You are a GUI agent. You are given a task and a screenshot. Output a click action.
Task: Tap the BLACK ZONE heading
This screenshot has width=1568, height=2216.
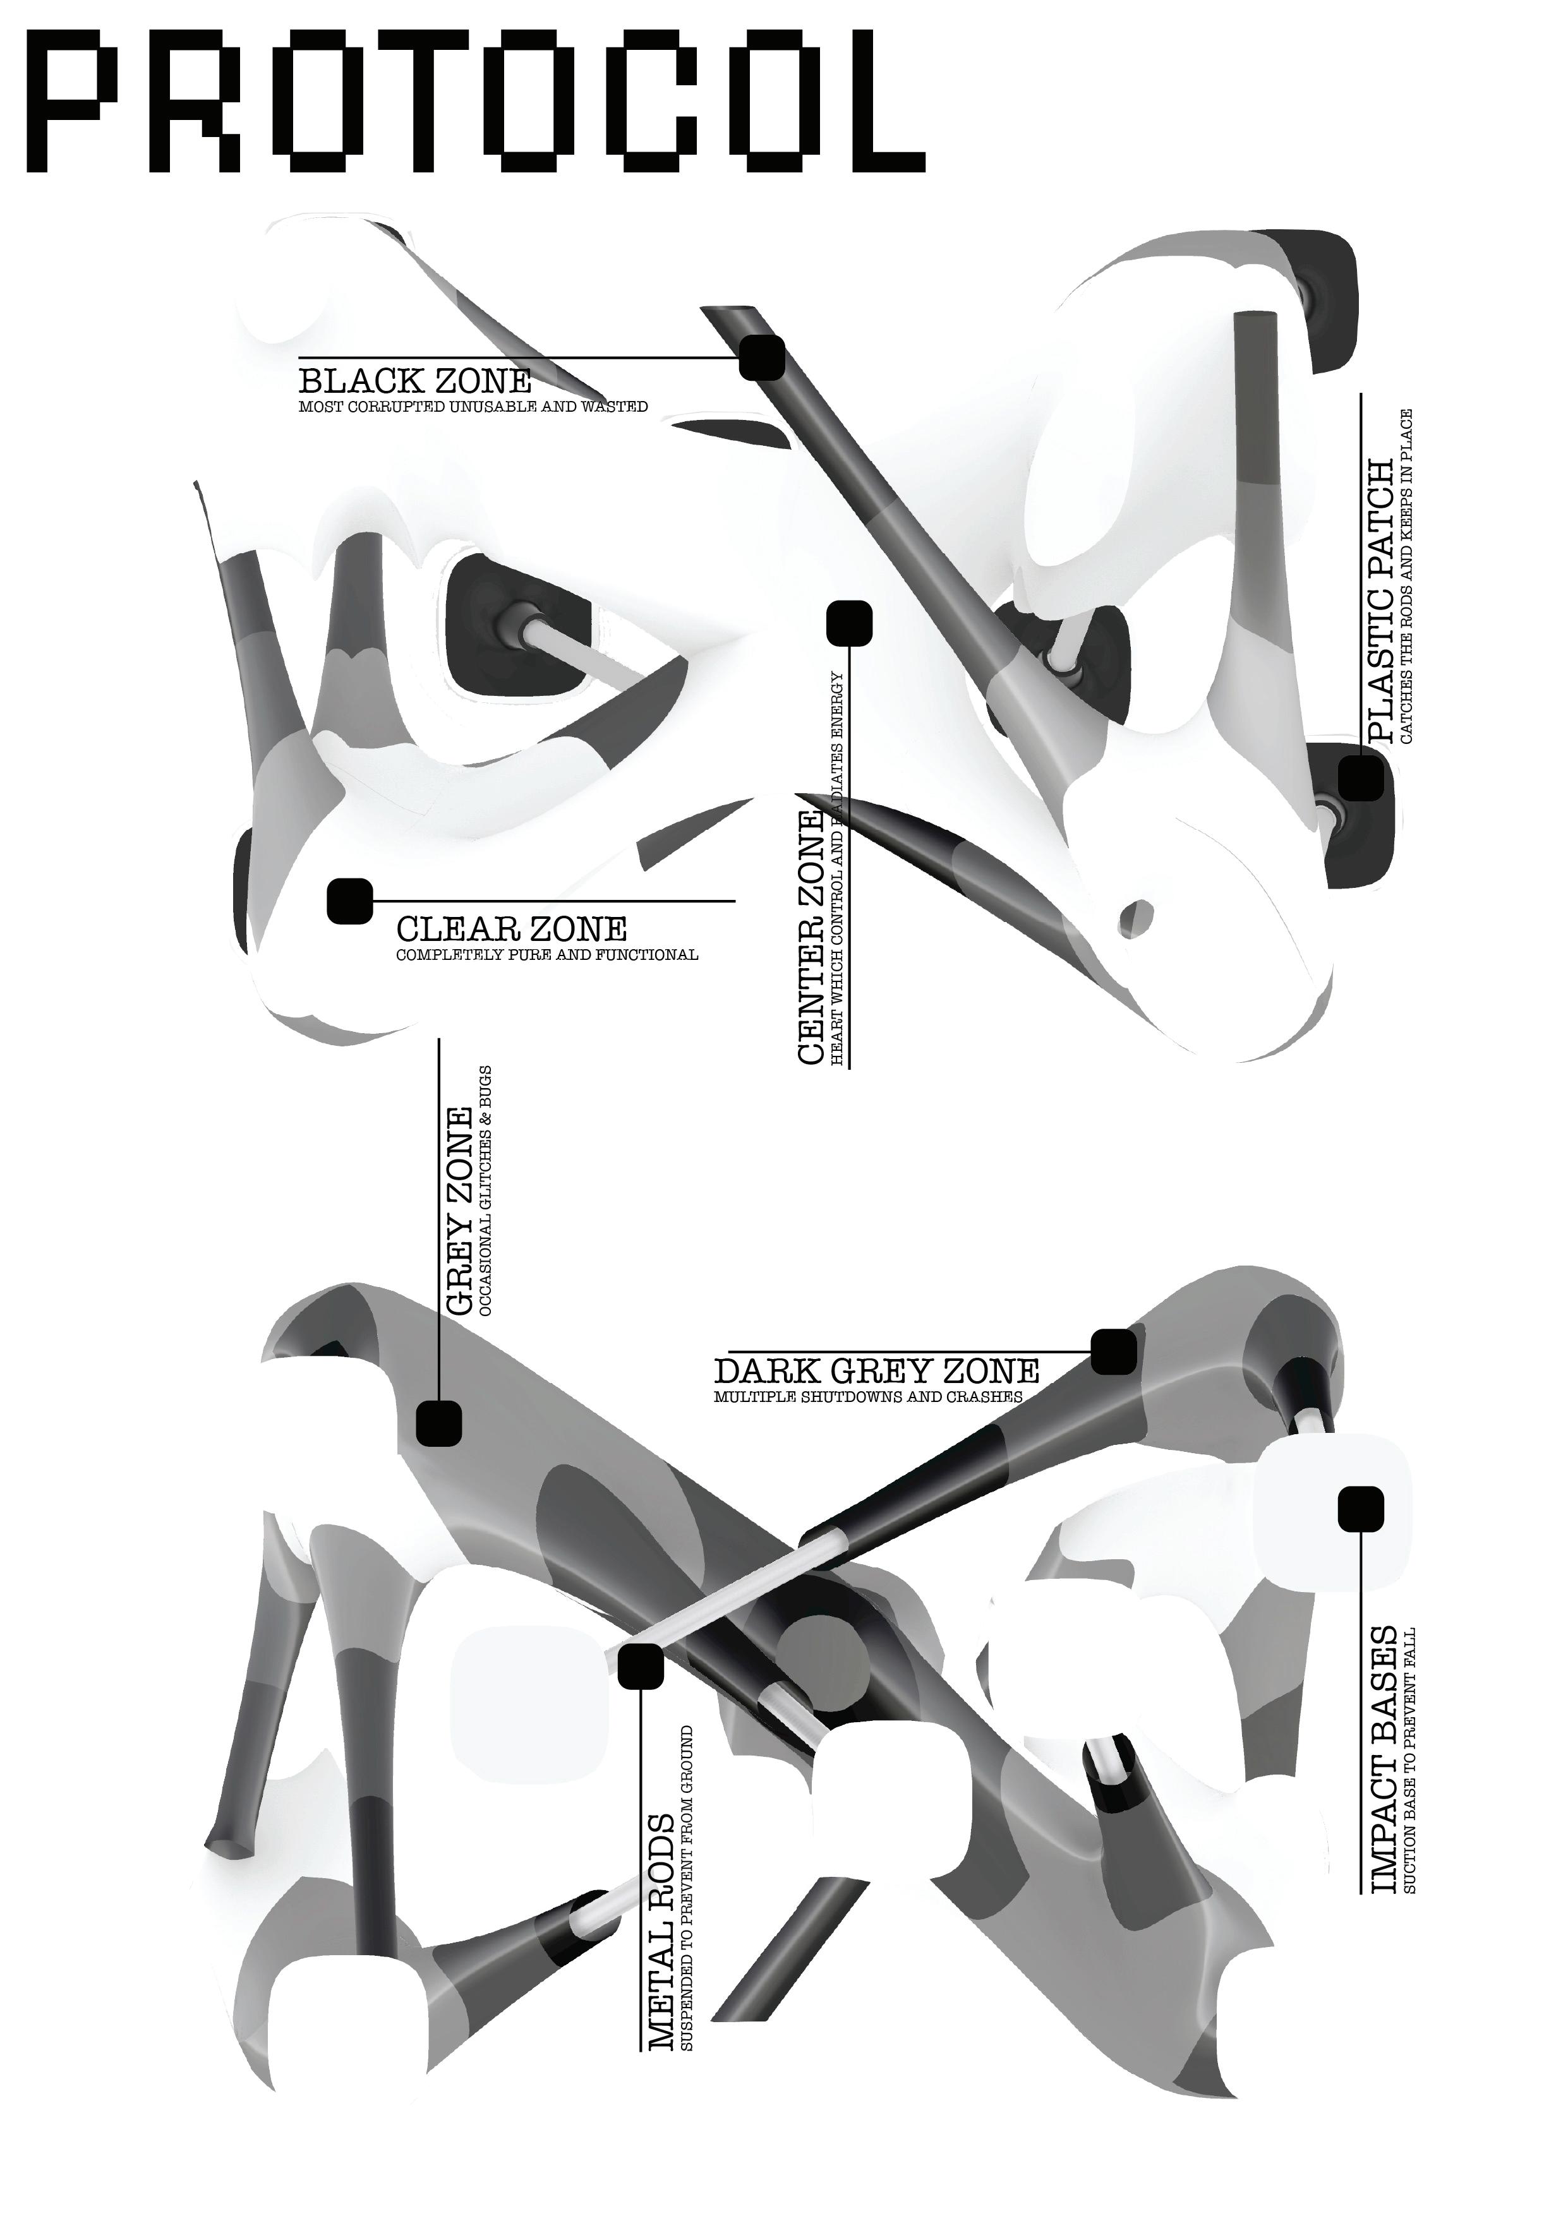pyautogui.click(x=415, y=380)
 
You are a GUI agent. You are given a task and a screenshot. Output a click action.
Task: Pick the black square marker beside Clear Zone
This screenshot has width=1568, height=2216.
pyautogui.click(x=349, y=901)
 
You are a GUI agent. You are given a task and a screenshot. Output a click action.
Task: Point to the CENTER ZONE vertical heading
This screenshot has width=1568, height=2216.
pyautogui.click(x=810, y=936)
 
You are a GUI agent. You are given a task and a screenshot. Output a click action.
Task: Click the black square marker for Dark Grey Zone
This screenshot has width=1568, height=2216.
pyautogui.click(x=1113, y=1351)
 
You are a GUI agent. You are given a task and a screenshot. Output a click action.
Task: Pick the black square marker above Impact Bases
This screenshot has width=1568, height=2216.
pyautogui.click(x=1360, y=1509)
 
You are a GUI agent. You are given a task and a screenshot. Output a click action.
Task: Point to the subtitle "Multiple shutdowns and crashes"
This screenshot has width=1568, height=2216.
pyautogui.click(x=868, y=1396)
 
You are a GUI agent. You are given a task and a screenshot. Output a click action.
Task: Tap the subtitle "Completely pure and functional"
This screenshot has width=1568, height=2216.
pyautogui.click(x=548, y=954)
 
